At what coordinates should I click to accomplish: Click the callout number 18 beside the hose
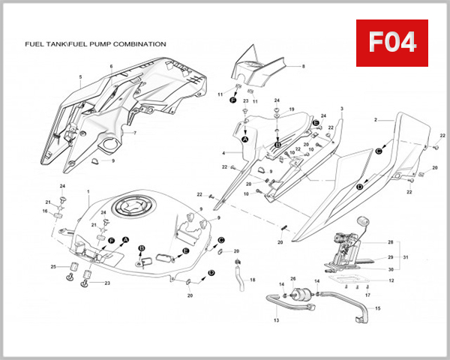[x=253, y=280]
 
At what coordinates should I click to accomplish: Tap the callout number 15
[x=378, y=308]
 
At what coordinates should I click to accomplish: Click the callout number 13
[x=275, y=320]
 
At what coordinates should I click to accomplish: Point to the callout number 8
[x=304, y=67]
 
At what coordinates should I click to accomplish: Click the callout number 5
[x=79, y=76]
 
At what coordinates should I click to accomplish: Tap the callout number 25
[x=52, y=266]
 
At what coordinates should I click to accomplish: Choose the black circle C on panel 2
[x=379, y=151]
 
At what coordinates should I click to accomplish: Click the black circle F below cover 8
[x=233, y=100]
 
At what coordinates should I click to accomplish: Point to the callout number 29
[x=390, y=256]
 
